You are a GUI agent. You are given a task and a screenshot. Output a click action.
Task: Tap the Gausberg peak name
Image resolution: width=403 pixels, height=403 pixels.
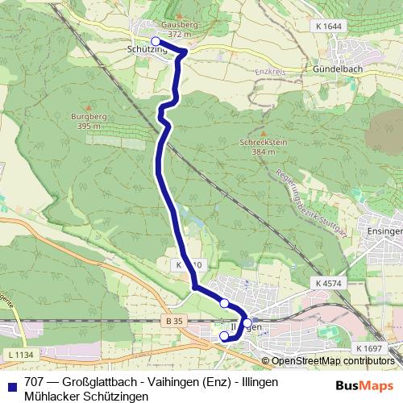180,26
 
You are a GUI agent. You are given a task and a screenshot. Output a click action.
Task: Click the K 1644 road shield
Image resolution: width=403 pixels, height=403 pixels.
328,27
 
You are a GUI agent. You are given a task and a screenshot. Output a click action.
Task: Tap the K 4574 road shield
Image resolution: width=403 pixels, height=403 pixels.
330,284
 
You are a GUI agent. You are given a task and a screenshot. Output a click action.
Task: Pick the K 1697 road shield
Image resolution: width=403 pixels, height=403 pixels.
368,347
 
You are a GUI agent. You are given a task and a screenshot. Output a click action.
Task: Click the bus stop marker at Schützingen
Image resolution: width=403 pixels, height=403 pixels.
156,41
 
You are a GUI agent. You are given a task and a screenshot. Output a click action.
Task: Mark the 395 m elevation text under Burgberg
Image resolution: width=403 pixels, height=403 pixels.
88,127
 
